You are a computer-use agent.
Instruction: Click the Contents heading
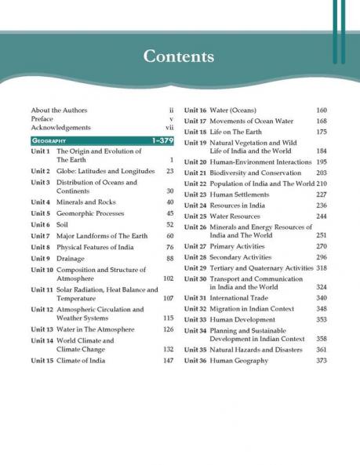pyautogui.click(x=180, y=56)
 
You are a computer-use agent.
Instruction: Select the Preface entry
pyautogui.click(x=42, y=118)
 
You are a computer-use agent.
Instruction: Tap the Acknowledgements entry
pyautogui.click(x=60, y=127)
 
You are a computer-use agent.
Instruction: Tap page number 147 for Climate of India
pyautogui.click(x=167, y=360)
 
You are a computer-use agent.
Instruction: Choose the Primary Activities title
pyautogui.click(x=241, y=246)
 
